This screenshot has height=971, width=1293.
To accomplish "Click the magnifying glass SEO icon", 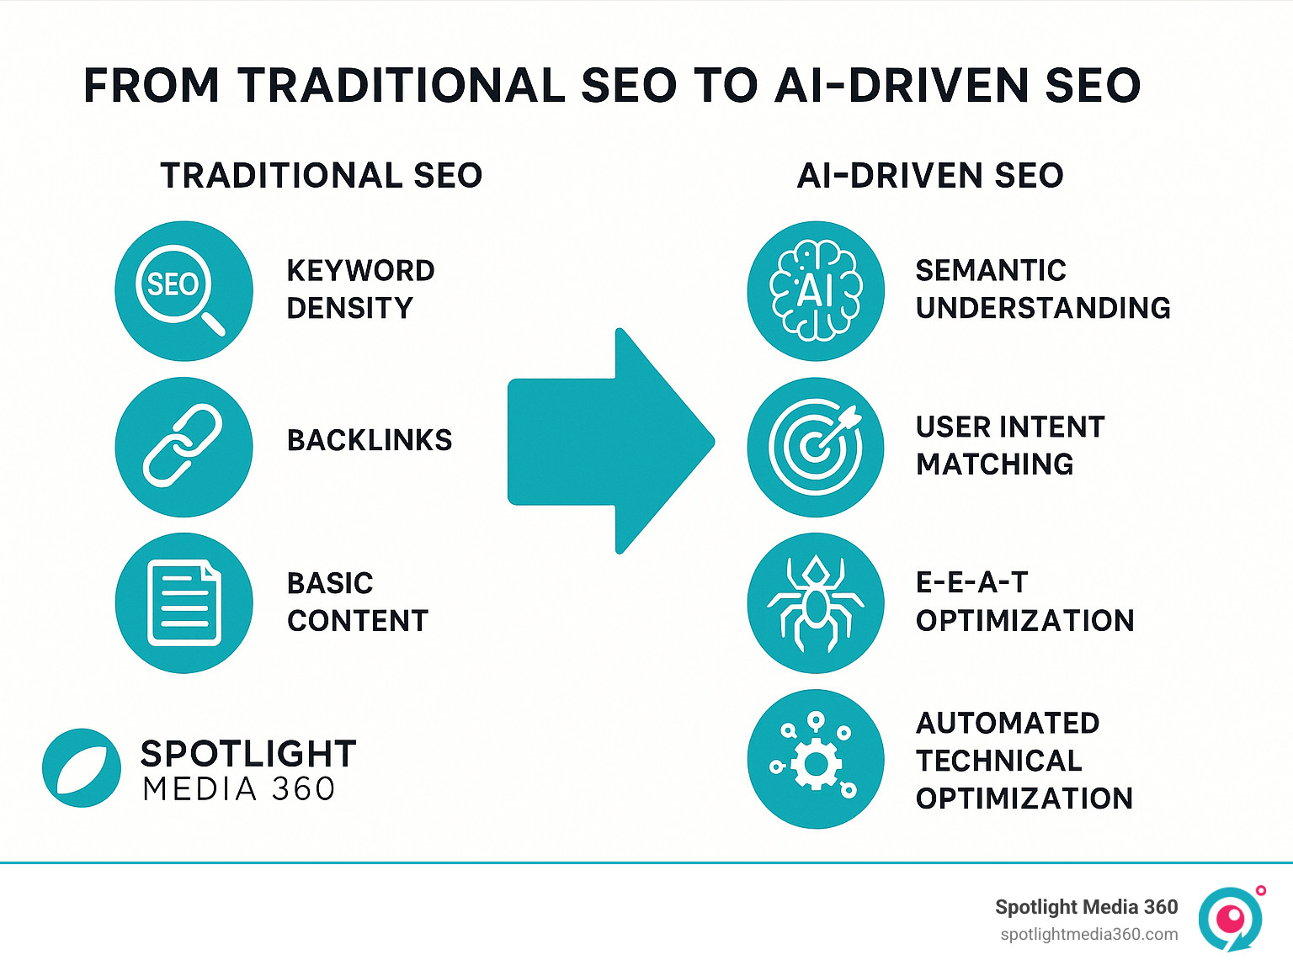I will pyautogui.click(x=184, y=291).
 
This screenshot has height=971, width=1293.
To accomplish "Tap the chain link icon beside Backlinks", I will pyautogui.click(x=184, y=447).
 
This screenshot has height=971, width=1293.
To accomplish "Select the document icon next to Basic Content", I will pyautogui.click(x=184, y=603).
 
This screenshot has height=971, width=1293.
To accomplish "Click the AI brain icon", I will pyautogui.click(x=816, y=291).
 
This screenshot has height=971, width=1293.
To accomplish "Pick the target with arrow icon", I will pyautogui.click(x=816, y=447).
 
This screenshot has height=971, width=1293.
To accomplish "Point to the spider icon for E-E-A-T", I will pyautogui.click(x=816, y=603).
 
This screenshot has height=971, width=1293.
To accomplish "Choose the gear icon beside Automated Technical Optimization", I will pyautogui.click(x=816, y=760).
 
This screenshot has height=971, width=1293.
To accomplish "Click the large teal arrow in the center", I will pyautogui.click(x=610, y=441).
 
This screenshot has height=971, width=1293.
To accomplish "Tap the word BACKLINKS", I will pyautogui.click(x=370, y=440).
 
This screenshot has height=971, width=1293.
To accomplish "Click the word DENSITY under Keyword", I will pyautogui.click(x=349, y=308).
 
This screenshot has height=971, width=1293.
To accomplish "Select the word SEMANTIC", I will pyautogui.click(x=991, y=270).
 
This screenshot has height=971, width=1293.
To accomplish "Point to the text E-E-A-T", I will pyautogui.click(x=972, y=582).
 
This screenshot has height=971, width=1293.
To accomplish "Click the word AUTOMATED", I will pyautogui.click(x=1008, y=723).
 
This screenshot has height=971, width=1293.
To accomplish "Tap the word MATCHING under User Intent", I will pyautogui.click(x=994, y=464).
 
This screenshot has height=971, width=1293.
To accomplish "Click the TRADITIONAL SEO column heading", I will pyautogui.click(x=321, y=175).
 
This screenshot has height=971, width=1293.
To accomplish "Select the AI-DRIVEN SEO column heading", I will pyautogui.click(x=930, y=175).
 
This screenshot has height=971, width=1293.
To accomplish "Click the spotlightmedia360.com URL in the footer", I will pyautogui.click(x=1088, y=934).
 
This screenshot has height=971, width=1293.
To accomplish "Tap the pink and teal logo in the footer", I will pyautogui.click(x=1231, y=918).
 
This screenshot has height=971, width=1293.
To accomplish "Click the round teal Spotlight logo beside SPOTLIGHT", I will pyautogui.click(x=82, y=768).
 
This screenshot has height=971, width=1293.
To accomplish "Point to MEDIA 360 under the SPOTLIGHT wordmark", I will pyautogui.click(x=239, y=789).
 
